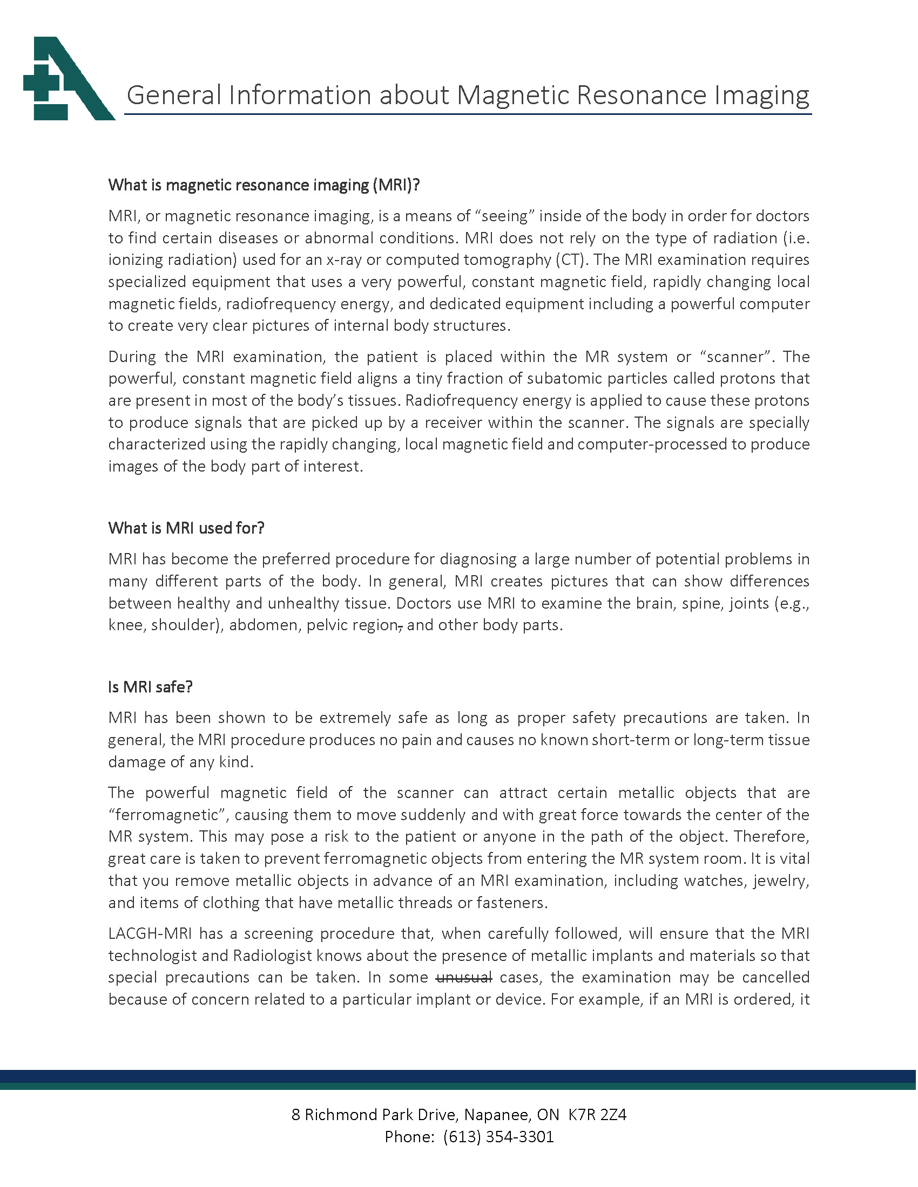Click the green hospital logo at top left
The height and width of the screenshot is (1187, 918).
(68, 79)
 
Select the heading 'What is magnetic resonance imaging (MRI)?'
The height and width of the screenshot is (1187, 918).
(264, 185)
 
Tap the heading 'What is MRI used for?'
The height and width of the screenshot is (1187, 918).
(186, 528)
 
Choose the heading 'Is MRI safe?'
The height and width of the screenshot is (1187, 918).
(150, 687)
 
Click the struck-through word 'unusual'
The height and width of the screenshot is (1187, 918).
(464, 977)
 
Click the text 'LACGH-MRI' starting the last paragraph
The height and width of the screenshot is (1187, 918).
(150, 933)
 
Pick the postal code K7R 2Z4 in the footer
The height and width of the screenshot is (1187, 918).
(597, 1115)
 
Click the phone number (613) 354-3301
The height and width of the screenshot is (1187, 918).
(498, 1136)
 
